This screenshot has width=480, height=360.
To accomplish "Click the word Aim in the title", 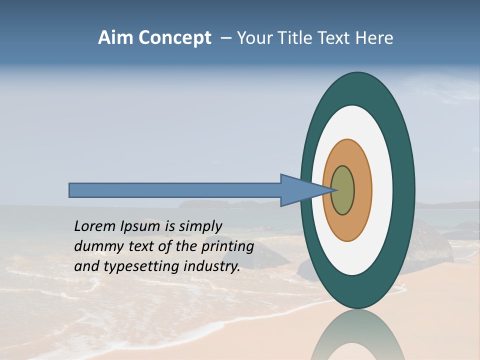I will (x=115, y=37).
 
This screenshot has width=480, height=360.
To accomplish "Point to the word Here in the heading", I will (x=374, y=37).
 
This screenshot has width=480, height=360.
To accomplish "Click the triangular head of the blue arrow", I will (x=300, y=190).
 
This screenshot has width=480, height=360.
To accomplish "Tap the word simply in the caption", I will (x=200, y=226).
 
